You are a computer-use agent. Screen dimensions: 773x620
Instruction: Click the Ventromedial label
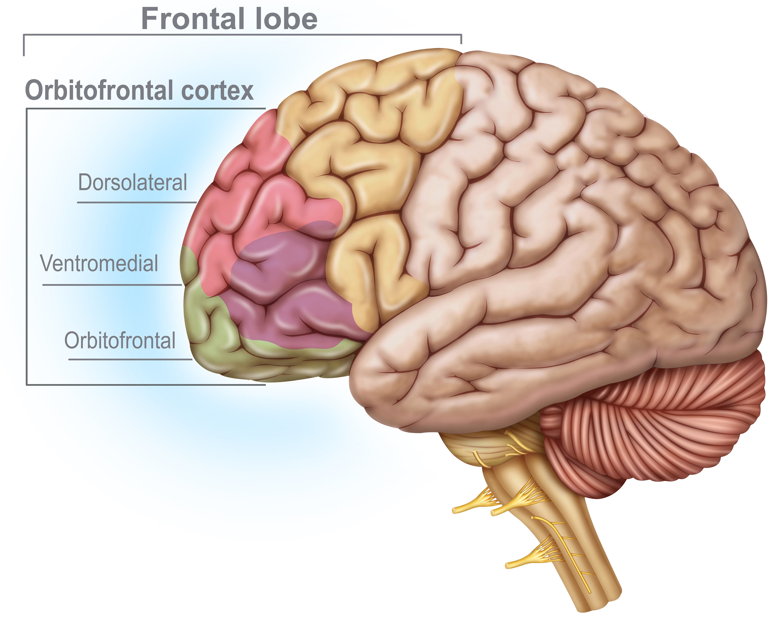tap(99, 263)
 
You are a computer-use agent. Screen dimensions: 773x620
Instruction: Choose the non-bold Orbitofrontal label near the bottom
tap(120, 341)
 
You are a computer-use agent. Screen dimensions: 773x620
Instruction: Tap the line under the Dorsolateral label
tap(136, 202)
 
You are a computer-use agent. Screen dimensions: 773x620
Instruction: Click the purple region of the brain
tap(283, 287)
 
